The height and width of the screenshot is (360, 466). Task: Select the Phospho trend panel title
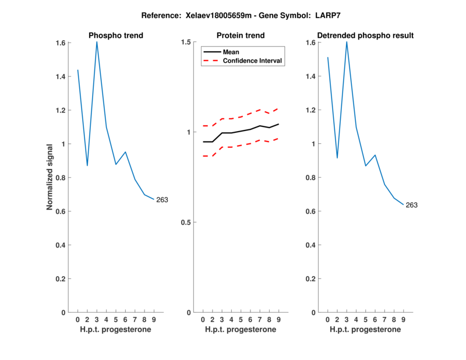(116, 36)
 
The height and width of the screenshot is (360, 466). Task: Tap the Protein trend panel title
(241, 36)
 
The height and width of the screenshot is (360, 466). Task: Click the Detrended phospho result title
(365, 36)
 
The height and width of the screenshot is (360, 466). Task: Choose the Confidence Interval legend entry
(253, 60)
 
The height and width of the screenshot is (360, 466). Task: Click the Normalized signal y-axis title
(51, 177)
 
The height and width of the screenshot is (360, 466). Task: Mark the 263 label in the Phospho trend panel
(162, 200)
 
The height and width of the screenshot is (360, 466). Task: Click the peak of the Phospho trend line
(97, 42)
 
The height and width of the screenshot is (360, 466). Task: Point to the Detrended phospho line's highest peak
(347, 42)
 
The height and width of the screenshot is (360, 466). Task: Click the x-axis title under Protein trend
(241, 330)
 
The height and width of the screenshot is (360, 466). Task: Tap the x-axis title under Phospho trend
(116, 330)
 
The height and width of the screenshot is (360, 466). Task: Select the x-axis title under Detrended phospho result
(365, 330)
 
